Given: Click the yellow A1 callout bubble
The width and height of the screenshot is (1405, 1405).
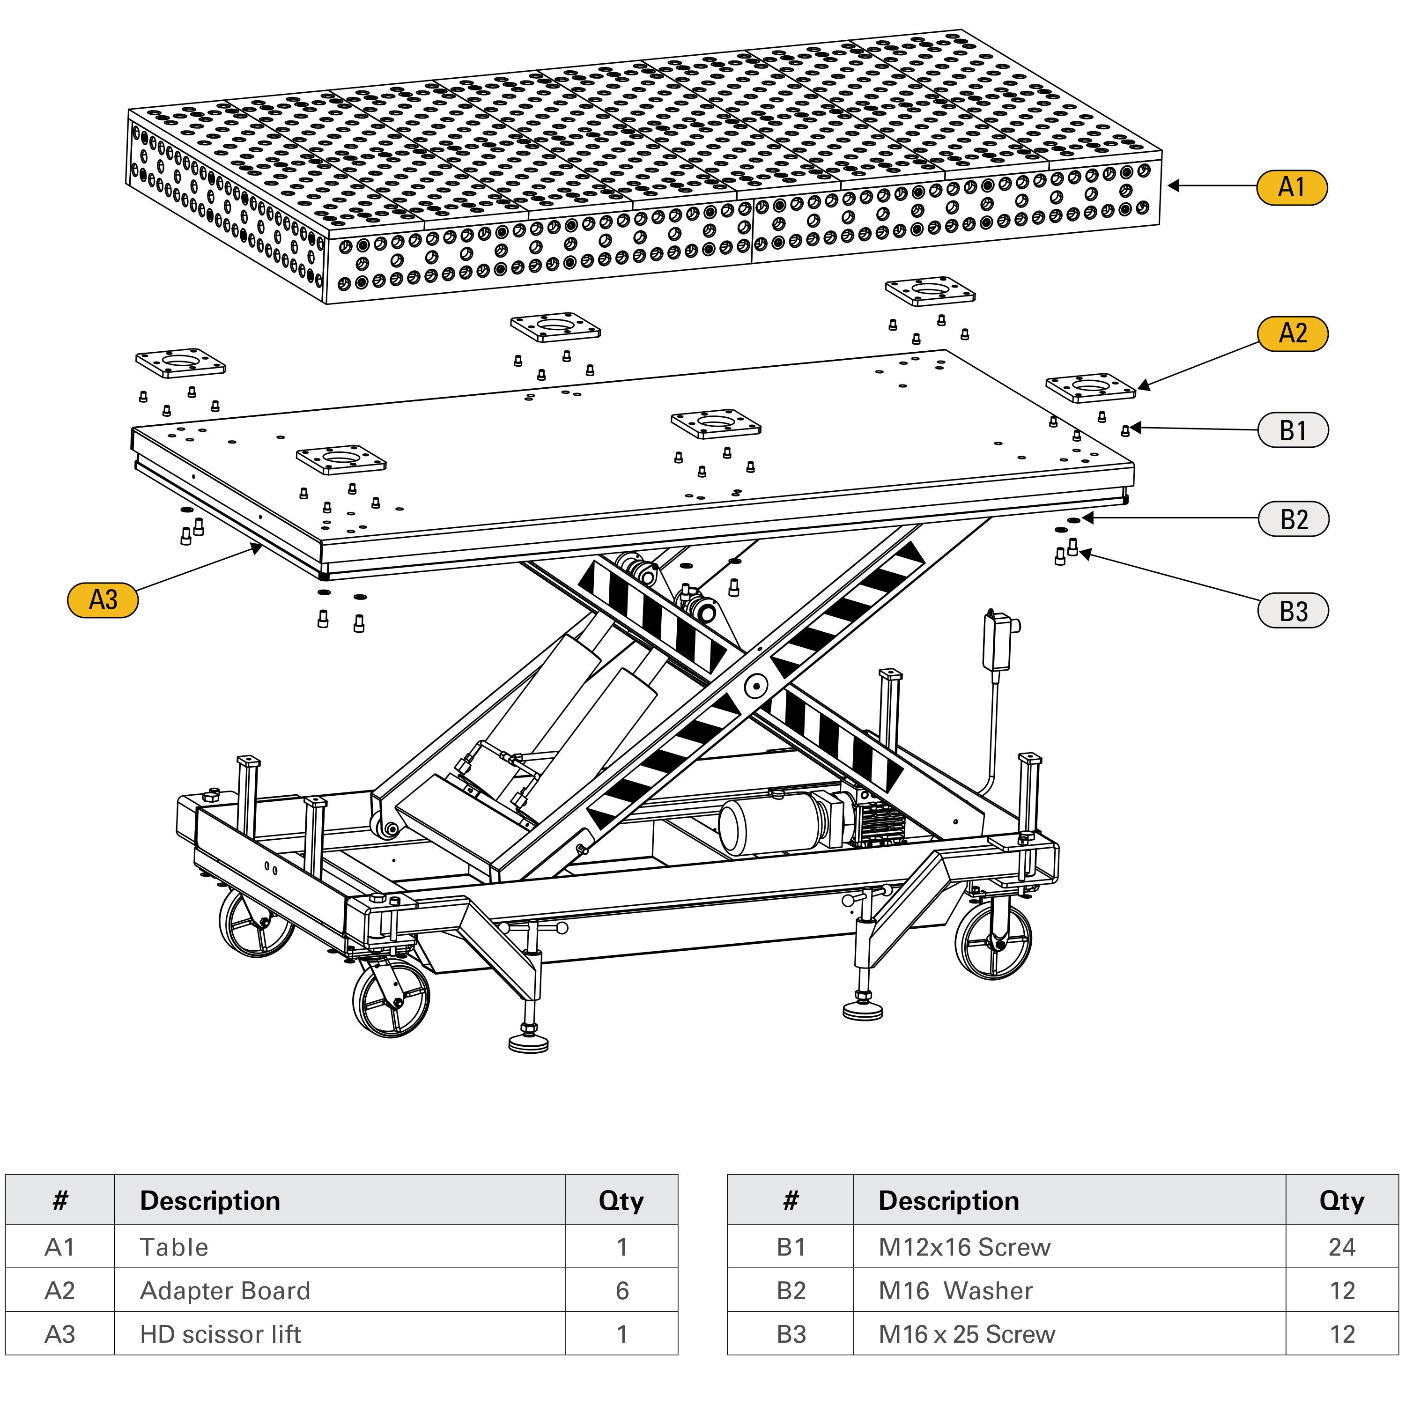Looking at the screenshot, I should coord(1292,188).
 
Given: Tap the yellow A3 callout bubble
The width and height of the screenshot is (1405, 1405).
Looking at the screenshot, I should coord(103,600).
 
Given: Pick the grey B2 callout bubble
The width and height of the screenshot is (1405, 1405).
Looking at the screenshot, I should coord(1293,519).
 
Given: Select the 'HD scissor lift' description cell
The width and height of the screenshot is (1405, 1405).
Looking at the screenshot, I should coord(220,1334).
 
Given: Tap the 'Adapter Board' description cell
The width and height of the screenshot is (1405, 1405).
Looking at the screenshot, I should coord(225,1291).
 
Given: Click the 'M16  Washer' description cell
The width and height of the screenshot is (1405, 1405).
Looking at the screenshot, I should coord(955,1291).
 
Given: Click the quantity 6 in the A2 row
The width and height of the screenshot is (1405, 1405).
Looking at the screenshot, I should coord(622,1291).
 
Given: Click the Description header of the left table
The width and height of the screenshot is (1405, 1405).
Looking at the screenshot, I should coord(210,1201).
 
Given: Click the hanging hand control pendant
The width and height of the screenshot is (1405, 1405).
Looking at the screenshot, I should coord(998,642).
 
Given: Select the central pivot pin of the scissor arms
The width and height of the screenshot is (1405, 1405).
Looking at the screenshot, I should coord(755,686).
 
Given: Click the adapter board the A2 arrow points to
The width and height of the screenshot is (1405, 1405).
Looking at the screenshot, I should coord(1090,388).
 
